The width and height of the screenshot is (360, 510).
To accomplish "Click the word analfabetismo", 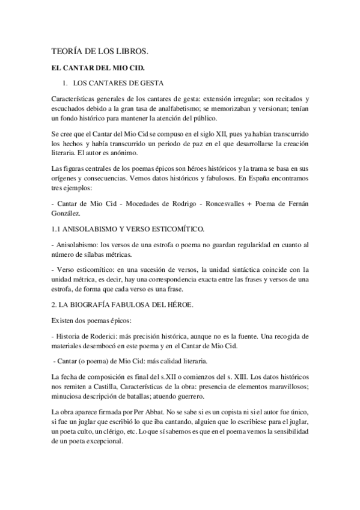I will pyautogui.click(x=177, y=106).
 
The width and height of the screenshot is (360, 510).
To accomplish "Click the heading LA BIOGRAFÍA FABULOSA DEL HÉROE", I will pyautogui.click(x=126, y=306).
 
